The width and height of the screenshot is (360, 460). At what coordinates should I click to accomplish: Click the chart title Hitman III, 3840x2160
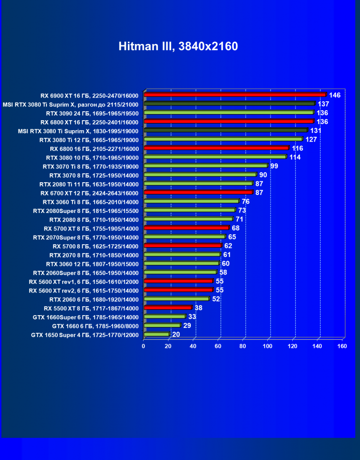178,46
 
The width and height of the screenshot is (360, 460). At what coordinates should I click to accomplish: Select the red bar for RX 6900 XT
235,95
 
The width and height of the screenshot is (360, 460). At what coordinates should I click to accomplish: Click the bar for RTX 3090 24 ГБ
228,113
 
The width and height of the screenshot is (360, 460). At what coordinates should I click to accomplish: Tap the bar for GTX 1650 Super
156,335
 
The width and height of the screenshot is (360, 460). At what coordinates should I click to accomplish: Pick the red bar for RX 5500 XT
167,308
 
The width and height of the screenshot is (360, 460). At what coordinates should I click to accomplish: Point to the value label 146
334,95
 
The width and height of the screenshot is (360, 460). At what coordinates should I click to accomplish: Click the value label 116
297,149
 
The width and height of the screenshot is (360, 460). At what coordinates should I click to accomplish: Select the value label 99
274,166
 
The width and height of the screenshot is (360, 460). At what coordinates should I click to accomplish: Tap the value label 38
198,308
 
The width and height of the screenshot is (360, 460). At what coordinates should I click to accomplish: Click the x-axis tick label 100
268,346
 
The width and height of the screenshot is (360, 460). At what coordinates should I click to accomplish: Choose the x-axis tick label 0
144,346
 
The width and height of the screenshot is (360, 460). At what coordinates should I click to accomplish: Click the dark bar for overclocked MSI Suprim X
229,104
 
